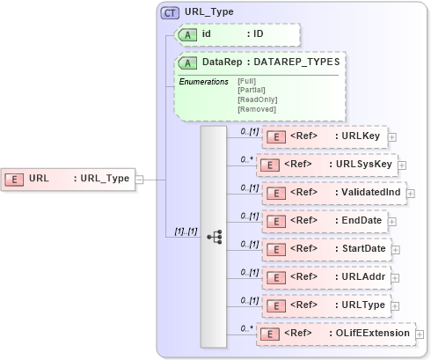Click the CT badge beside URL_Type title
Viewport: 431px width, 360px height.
point(169,13)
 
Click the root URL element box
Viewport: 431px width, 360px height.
point(69,179)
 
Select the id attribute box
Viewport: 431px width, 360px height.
point(237,34)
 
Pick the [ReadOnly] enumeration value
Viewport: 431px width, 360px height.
point(257,99)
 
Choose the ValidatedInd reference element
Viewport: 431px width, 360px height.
point(333,192)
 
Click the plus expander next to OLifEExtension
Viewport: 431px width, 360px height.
point(420,334)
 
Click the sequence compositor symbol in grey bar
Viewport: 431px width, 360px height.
point(214,236)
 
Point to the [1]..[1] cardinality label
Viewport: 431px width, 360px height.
point(185,231)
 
